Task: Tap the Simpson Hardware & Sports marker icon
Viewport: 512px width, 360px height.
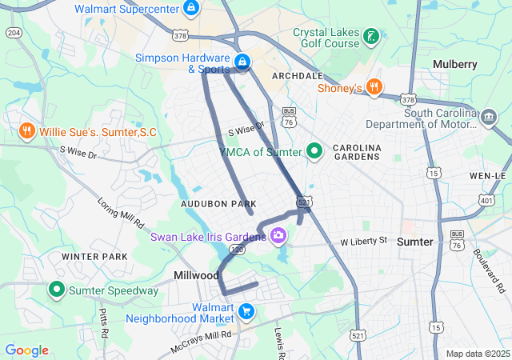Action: point(242,62)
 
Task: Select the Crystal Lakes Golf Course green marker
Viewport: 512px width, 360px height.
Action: point(370,36)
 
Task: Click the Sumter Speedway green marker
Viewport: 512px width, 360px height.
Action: point(58,290)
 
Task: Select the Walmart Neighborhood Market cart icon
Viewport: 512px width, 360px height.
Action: point(247,311)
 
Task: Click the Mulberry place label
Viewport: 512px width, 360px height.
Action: point(454,64)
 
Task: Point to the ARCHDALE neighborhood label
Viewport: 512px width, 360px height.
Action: point(297,75)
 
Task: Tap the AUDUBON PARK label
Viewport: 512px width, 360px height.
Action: point(218,205)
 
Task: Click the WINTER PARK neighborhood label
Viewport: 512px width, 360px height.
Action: point(94,257)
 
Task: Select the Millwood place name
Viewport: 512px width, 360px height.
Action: point(197,275)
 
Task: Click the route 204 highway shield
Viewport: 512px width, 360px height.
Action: point(13,32)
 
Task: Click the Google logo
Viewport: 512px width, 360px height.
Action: point(27,350)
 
